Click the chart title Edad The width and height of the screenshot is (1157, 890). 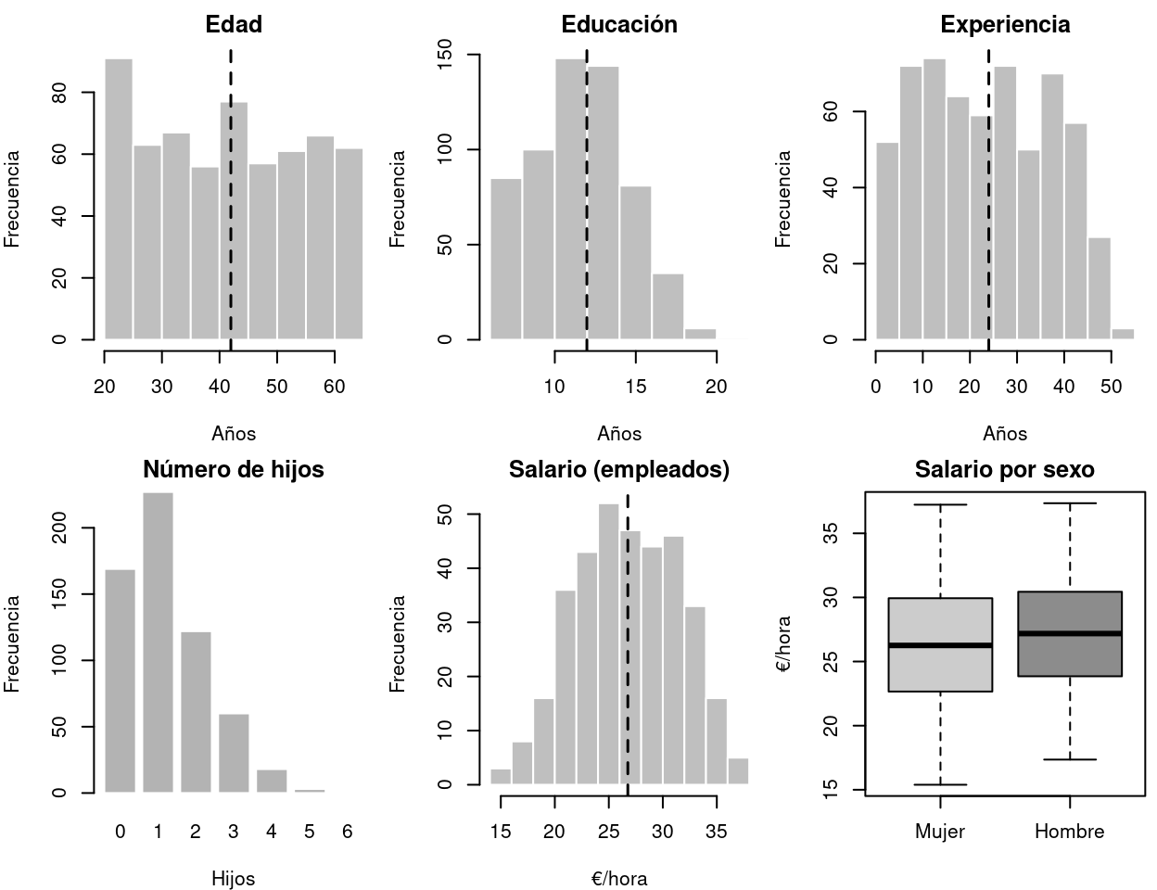point(234,25)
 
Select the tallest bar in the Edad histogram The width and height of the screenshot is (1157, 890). point(119,199)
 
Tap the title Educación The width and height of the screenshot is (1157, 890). point(619,25)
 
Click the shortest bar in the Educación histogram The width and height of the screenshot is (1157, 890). point(700,334)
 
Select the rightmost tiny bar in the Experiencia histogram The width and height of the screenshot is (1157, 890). point(1123,334)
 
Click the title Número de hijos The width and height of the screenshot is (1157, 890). point(234,470)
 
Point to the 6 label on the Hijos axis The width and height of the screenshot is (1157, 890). point(347,832)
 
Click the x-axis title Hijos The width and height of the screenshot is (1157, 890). point(233,878)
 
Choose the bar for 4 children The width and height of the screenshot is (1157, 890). point(272,781)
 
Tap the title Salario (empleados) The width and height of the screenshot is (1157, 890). point(619,470)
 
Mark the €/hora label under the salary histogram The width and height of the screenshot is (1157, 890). point(619,878)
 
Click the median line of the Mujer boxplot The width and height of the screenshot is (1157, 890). point(940,645)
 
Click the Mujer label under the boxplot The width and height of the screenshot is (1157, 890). point(940,832)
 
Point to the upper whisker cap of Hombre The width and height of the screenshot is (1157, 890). point(1070,503)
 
